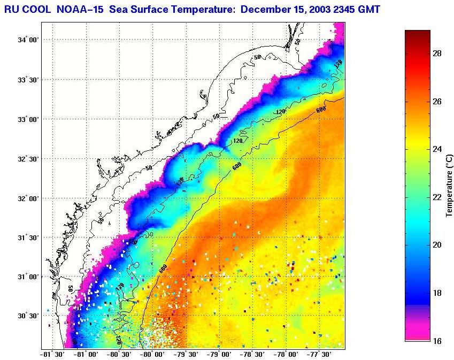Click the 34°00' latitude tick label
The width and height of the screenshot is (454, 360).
pos(27,40)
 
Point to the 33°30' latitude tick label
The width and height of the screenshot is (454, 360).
pos(27,80)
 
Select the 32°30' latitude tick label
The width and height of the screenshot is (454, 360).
pos(27,159)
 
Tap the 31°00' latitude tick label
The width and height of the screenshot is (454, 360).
pos(27,277)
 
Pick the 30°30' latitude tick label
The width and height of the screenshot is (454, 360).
pos(27,316)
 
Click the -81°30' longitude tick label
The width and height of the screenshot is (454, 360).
pos(52,354)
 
